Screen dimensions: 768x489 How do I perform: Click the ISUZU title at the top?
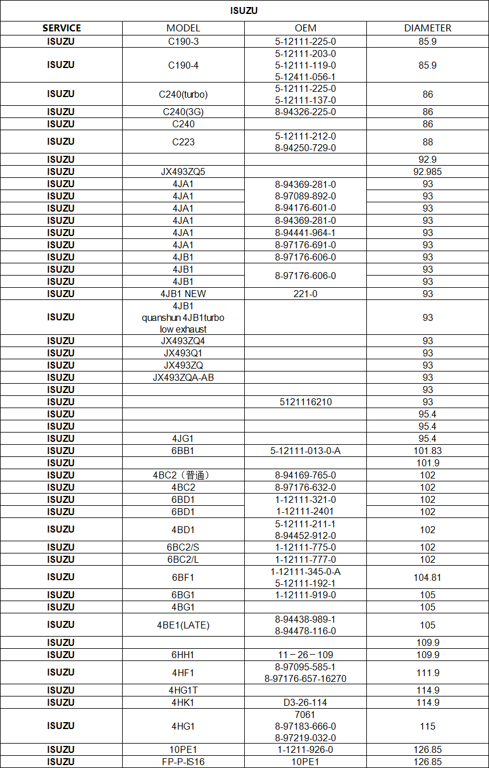244,10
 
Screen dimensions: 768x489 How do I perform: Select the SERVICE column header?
61,28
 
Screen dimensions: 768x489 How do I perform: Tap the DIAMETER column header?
427,28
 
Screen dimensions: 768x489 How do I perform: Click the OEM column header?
305,28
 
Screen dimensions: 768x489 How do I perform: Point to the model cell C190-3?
183,41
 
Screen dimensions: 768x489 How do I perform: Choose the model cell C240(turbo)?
183,94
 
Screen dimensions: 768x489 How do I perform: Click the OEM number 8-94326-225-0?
305,112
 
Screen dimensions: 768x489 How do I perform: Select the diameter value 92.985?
427,172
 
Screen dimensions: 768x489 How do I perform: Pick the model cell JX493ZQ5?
183,172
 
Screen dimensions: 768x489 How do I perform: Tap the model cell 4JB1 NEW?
183,294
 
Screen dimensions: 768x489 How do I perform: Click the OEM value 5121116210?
305,402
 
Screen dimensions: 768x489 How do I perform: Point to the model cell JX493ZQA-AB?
183,377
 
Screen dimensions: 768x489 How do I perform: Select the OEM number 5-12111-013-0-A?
305,451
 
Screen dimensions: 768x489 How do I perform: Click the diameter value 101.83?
427,451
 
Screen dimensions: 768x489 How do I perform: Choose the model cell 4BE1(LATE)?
183,625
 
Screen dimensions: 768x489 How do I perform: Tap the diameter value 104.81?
427,577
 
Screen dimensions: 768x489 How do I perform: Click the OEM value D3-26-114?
305,702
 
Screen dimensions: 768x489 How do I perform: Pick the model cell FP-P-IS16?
183,762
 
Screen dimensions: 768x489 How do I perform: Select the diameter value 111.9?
427,673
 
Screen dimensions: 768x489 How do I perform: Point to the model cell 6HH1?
183,655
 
